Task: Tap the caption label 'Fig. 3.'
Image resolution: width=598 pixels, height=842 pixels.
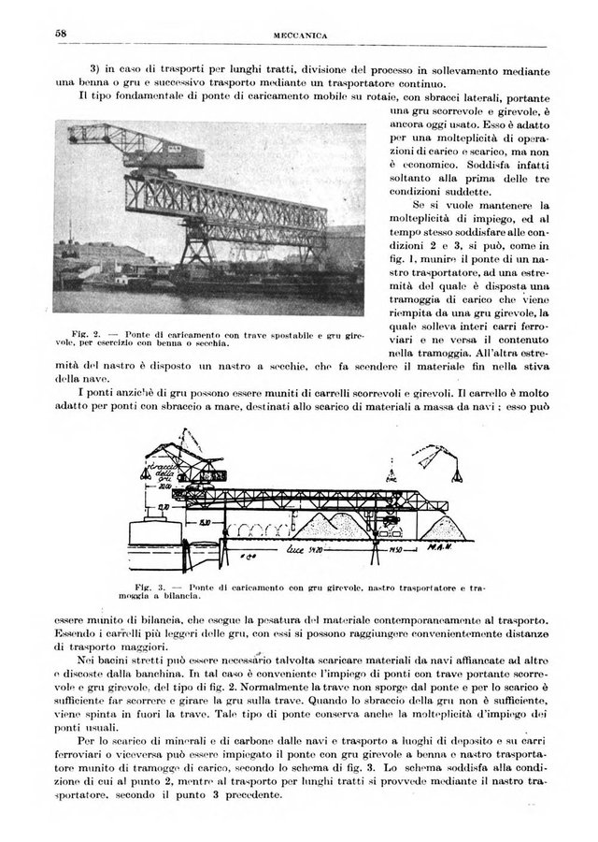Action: point(138,588)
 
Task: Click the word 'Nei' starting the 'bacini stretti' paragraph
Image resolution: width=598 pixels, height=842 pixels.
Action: point(90,661)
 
